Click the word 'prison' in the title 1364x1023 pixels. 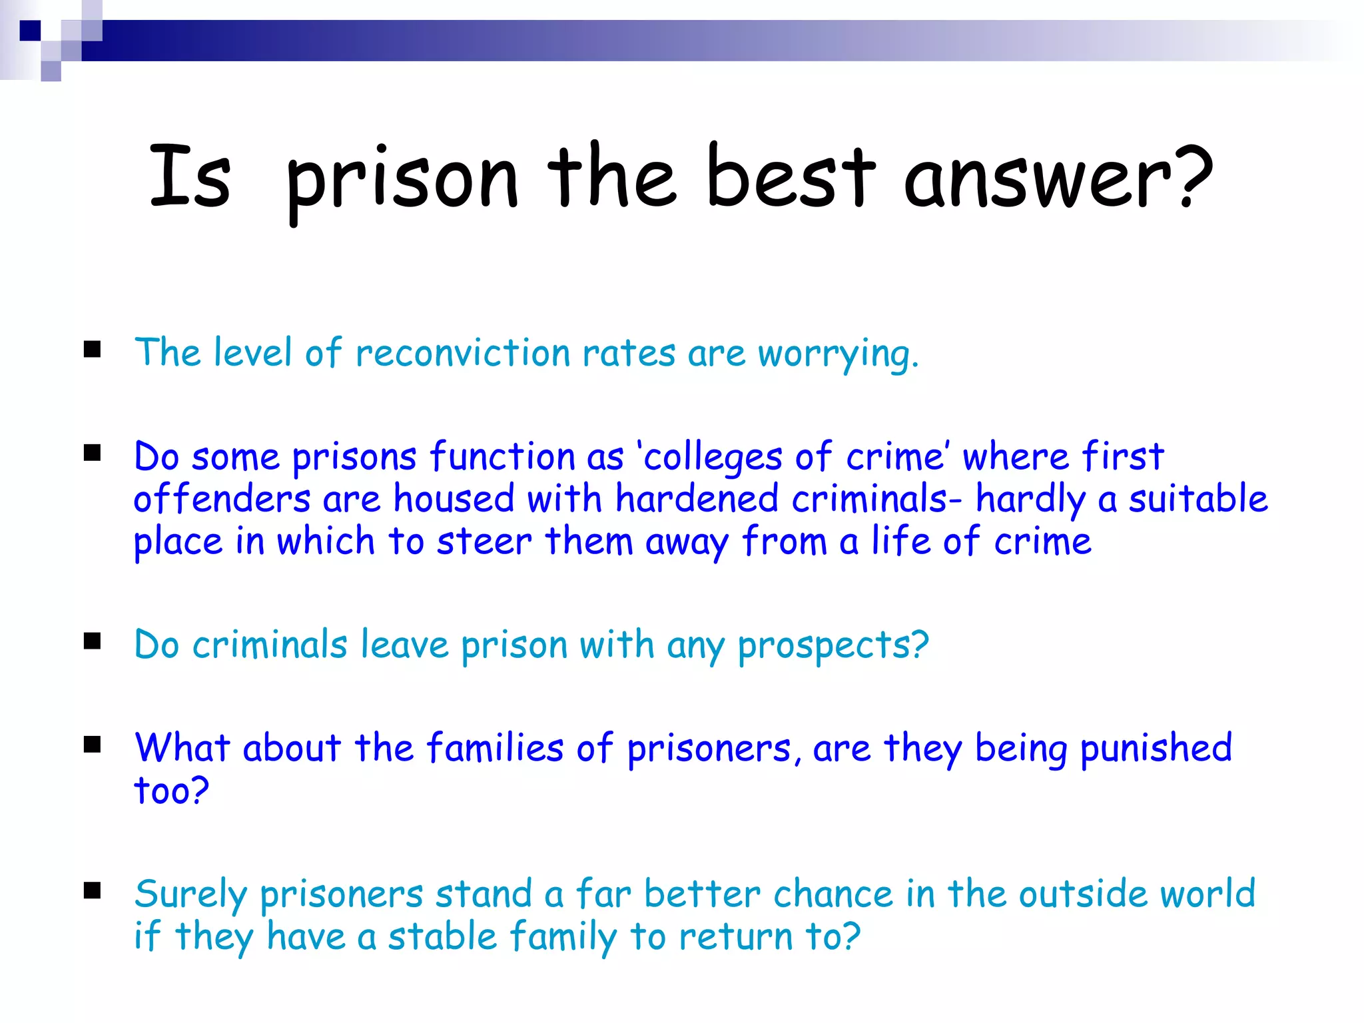click(x=402, y=180)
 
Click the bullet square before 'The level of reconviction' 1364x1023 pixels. click(x=93, y=350)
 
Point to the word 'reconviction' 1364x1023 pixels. click(x=462, y=353)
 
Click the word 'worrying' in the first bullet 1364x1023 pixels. click(x=833, y=354)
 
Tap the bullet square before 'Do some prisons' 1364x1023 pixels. click(x=93, y=454)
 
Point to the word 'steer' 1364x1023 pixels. click(x=484, y=541)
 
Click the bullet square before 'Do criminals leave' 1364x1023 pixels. click(x=93, y=641)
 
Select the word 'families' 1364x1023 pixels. click(x=495, y=748)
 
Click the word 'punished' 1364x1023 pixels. click(x=1156, y=749)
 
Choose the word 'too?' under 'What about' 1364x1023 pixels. click(x=171, y=791)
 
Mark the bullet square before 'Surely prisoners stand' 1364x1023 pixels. click(x=93, y=890)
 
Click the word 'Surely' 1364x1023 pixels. click(x=190, y=895)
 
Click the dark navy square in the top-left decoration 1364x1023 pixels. click(x=30, y=31)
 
